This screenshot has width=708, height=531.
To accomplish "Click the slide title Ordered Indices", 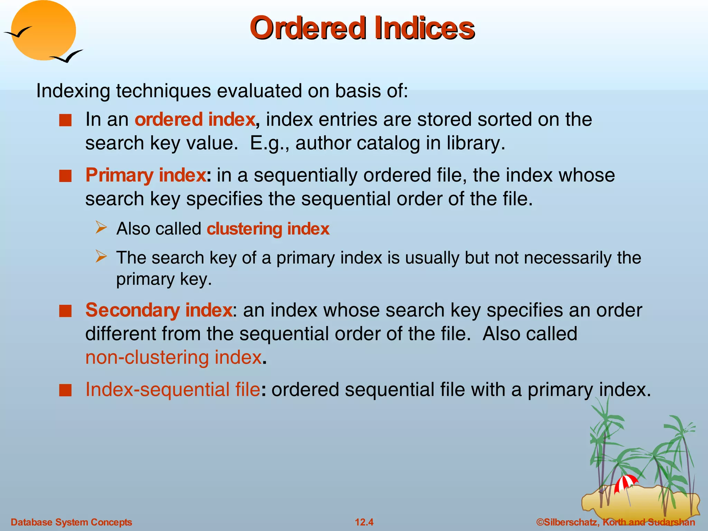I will pos(362,28).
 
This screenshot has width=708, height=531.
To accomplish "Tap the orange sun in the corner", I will pos(44,30).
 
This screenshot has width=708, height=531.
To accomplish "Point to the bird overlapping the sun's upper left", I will pos(18,32).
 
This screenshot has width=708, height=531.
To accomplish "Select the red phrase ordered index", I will pos(195,120).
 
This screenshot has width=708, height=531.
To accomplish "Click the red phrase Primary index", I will pos(146,175).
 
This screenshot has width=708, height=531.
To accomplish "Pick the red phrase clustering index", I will pos(268,229).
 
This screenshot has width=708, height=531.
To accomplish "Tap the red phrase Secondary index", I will pos(159,310).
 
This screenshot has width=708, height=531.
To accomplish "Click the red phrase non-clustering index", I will pos(174,357).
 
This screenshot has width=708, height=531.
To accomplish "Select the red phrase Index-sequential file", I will pos(173,390).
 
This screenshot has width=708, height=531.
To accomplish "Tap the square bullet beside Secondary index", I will pos(65,311).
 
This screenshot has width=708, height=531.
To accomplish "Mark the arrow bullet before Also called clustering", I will pos(101,228).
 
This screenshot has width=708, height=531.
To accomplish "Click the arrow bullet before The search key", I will pos(101,257).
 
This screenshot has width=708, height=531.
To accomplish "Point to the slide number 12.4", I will pos(364,522).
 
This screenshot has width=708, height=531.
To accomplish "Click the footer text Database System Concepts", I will pos(72,522).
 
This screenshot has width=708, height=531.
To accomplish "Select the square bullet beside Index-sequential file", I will pos(65,390).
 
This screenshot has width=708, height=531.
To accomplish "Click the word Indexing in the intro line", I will pos(73,91).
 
